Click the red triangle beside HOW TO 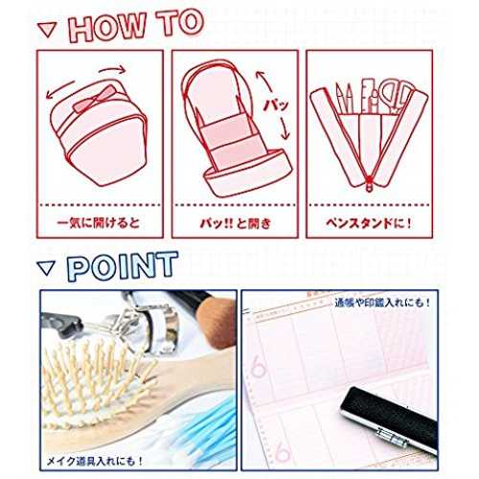(x=48, y=30)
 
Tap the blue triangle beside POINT (x=47, y=267)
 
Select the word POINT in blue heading (x=123, y=266)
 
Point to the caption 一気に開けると (x=99, y=222)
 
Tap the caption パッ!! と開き (x=236, y=223)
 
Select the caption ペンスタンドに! (x=369, y=223)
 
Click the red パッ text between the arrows (x=276, y=104)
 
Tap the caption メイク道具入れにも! (x=95, y=461)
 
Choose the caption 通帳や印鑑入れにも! (x=382, y=303)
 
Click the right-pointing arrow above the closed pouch (x=112, y=69)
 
